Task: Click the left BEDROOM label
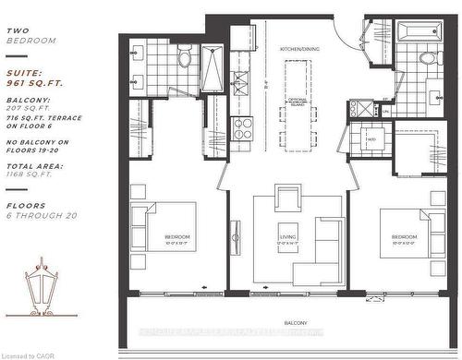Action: (x=177, y=237)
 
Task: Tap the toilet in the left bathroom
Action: (x=185, y=60)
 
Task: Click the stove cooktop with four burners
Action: (x=243, y=125)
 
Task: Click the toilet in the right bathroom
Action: (x=428, y=58)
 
